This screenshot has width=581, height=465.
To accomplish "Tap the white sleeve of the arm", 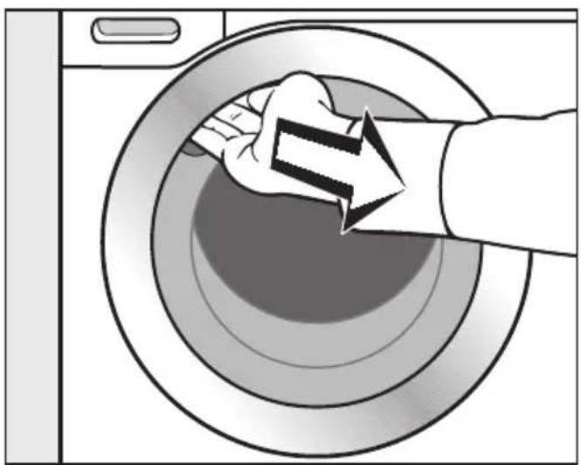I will point(507,175).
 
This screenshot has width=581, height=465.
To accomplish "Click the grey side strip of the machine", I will point(31,236).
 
